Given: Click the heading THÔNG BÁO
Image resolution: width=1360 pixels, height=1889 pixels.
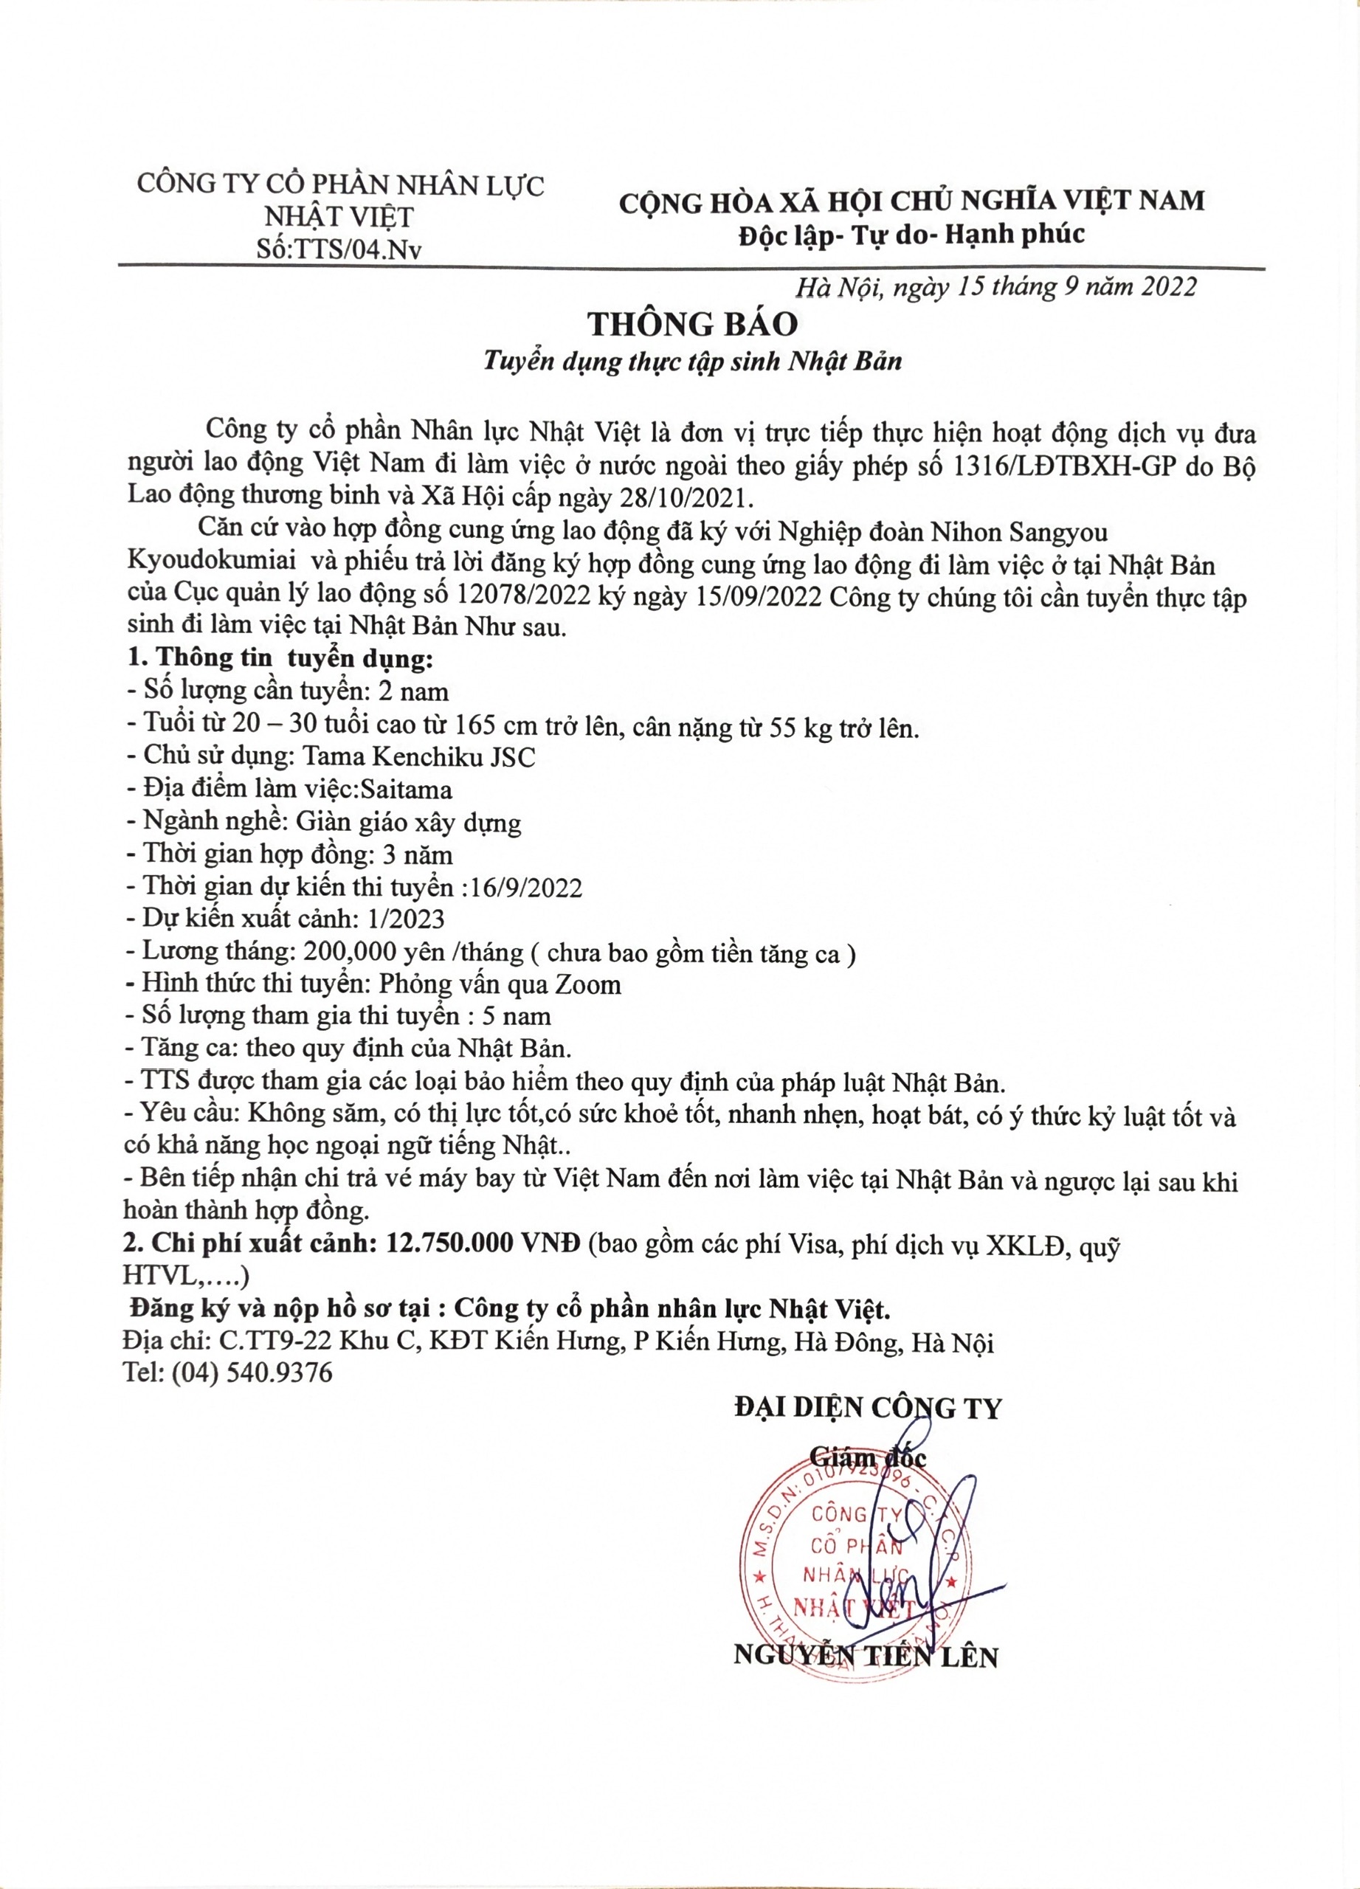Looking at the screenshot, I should click(693, 324).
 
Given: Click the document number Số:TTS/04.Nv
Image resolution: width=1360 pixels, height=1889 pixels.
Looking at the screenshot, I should click(339, 249).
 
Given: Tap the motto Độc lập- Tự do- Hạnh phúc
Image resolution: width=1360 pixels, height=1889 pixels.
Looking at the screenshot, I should click(912, 235).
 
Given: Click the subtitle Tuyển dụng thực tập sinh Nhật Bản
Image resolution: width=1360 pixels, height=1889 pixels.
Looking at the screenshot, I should click(693, 362).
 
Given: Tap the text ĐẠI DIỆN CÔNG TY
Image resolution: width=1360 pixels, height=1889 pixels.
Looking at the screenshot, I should click(868, 1408).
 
